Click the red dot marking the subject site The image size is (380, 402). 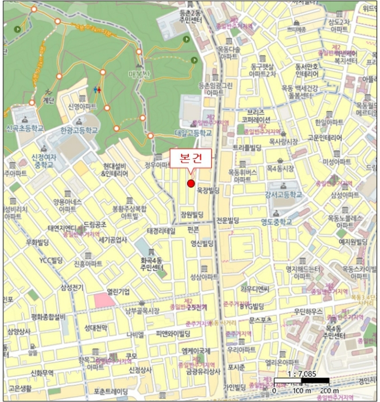pos(191,183)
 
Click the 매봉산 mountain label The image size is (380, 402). pos(139,74)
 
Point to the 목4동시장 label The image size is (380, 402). pos(278,169)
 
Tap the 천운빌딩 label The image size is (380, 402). pos(227,220)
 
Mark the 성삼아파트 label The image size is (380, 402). pos(204,277)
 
